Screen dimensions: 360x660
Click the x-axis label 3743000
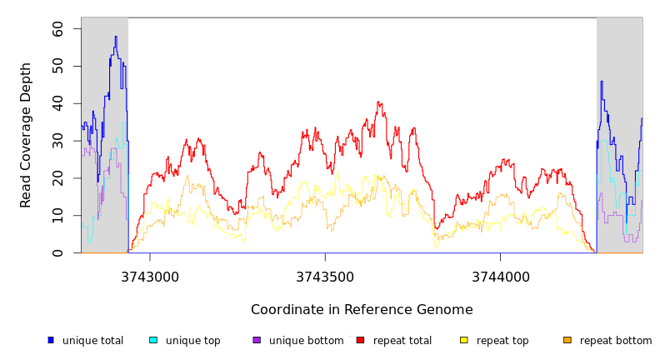click(x=151, y=277)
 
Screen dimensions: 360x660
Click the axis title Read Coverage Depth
click(x=26, y=135)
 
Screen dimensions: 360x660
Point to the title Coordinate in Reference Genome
click(x=362, y=310)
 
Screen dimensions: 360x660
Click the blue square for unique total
click(x=51, y=340)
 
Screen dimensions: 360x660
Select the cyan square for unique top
click(x=153, y=340)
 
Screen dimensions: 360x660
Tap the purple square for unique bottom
click(x=257, y=340)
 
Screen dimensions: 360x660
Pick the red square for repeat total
click(x=360, y=340)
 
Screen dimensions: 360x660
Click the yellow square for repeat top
click(x=463, y=340)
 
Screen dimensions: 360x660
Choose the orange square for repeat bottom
click(x=567, y=340)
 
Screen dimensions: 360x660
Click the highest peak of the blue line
click(x=116, y=37)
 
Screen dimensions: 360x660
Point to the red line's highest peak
click(x=378, y=102)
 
